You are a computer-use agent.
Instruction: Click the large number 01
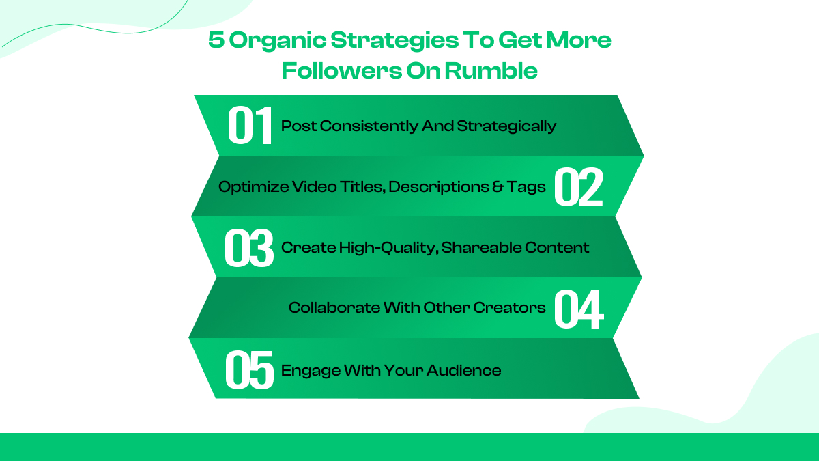click(250, 126)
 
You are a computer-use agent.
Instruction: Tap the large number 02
click(578, 187)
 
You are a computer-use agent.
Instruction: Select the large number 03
click(249, 248)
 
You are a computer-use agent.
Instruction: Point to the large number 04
click(578, 309)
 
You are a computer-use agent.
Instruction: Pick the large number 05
click(249, 370)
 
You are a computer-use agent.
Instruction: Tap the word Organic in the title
click(268, 41)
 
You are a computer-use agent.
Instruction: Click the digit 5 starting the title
click(216, 41)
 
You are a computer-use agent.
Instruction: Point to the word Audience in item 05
click(463, 371)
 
